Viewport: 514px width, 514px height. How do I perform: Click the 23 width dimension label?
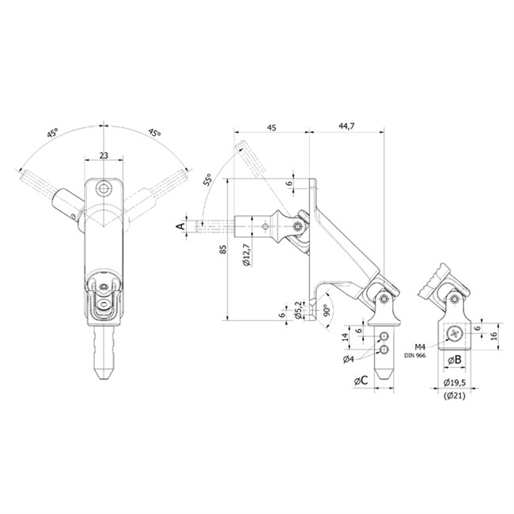104,155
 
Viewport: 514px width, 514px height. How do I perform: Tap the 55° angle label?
207,180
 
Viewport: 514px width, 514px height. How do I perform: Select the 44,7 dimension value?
346,127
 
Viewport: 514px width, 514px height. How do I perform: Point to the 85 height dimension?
223,249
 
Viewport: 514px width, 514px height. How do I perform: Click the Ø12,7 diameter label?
247,255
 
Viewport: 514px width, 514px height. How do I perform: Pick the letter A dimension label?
180,226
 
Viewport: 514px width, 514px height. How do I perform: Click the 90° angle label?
326,310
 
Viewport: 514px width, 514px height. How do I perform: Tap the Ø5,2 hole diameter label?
298,310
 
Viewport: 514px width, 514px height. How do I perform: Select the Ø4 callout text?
349,359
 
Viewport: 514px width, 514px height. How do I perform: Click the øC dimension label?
361,380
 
